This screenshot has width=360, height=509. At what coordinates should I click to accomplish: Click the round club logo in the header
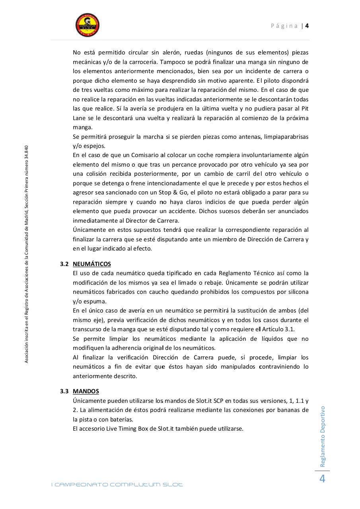pyautogui.click(x=88, y=25)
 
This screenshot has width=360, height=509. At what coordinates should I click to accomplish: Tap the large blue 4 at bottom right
pyautogui.click(x=322, y=479)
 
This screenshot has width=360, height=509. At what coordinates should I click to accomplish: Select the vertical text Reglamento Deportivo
pyautogui.click(x=323, y=436)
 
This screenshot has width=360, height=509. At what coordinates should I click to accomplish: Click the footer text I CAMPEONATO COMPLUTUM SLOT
pyautogui.click(x=117, y=484)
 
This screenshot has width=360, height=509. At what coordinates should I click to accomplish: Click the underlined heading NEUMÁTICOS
pyautogui.click(x=92, y=264)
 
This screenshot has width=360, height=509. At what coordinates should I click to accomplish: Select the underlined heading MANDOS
pyautogui.click(x=86, y=391)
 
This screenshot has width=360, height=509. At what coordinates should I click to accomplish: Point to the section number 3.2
pyautogui.click(x=64, y=264)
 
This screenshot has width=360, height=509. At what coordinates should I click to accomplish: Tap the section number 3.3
pyautogui.click(x=64, y=391)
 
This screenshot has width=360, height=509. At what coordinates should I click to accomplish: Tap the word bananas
pyautogui.click(x=287, y=410)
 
